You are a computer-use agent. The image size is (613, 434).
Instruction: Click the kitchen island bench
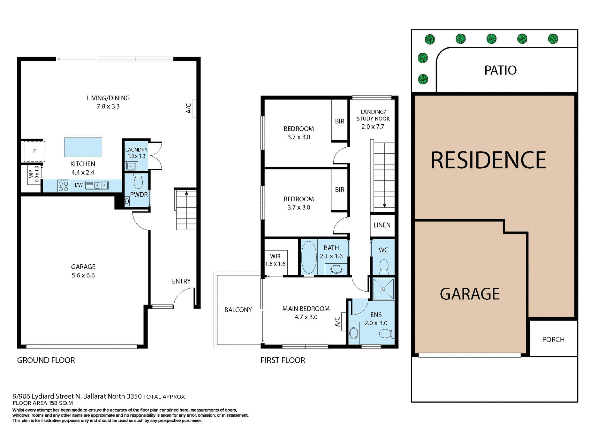pos(83,147)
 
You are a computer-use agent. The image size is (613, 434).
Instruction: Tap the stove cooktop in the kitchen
pos(63,186)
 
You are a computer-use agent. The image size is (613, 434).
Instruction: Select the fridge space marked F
pos(34,151)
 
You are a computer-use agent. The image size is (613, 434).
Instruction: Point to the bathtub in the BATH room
pos(308,257)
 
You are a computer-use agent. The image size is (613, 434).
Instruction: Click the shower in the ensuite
pos(383,289)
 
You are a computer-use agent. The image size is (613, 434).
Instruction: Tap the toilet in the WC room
pos(383,267)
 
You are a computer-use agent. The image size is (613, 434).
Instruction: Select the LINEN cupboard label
pos(382,225)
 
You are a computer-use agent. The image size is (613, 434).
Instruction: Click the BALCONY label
pos(238,310)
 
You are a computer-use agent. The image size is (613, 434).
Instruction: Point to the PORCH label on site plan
pos(553,339)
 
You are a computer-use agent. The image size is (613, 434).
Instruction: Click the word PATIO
pos(500,70)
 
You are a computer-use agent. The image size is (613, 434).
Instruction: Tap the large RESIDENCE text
pos(488,160)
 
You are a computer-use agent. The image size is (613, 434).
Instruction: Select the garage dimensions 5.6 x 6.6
pos(83,275)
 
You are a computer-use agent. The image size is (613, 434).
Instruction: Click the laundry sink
pos(131,166)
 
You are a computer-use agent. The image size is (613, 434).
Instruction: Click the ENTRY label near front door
pos(181,281)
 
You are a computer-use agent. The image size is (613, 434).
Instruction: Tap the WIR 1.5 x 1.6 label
pos(275,260)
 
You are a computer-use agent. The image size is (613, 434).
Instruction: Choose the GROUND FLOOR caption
pos(46,360)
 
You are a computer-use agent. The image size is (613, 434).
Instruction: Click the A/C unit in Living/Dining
pos(194,108)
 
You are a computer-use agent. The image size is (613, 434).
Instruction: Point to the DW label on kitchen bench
pos(79,185)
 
